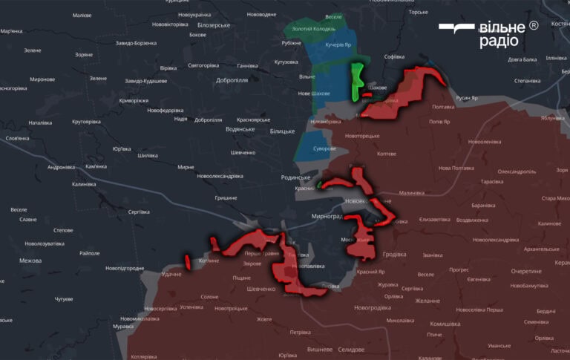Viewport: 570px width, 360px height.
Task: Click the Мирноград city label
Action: pos(327,216)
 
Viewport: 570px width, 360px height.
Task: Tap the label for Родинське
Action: pos(295,177)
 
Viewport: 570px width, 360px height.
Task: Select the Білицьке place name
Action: pos(282,131)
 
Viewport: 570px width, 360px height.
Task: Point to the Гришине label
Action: pos(226,197)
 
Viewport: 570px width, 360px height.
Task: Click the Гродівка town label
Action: pos(394,254)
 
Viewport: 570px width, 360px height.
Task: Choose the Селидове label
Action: pos(350,349)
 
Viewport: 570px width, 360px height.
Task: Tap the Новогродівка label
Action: pos(372,307)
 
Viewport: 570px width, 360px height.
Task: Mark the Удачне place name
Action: pos(171,274)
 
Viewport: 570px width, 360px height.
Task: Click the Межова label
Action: pos(30,261)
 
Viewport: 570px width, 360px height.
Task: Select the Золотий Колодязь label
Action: pos(313,29)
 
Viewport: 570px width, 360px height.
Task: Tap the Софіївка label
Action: pos(394,56)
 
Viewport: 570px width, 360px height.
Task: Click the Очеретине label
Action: pos(526,271)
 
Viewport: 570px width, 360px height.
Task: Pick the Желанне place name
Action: pos(427,301)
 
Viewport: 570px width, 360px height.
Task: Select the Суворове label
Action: pos(324,148)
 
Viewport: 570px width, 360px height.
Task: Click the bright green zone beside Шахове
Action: pos(356,82)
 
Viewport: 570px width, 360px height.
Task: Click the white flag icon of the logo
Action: pos(456,29)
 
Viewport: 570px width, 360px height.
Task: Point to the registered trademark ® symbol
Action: pos(533,26)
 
